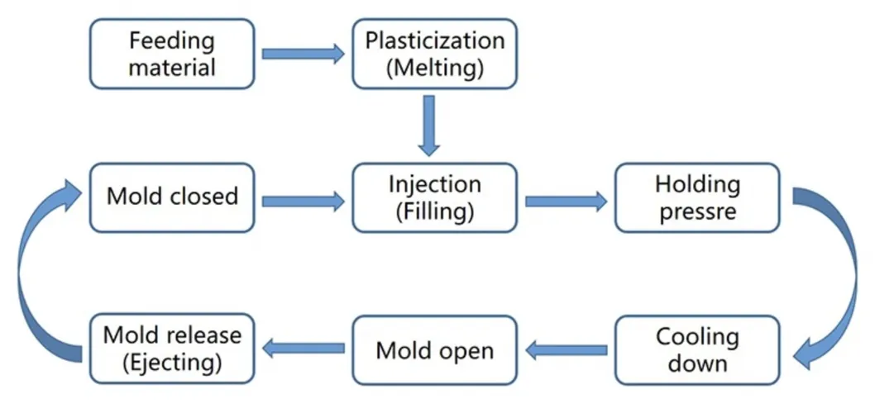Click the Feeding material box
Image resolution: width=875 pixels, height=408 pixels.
[172, 54]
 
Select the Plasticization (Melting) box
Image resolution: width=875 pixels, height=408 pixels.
[434, 54]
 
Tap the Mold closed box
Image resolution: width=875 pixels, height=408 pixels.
[172, 197]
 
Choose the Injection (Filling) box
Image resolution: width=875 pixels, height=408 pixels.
[434, 197]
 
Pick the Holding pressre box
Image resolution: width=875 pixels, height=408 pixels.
[696, 197]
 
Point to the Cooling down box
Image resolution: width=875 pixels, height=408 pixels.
[696, 349]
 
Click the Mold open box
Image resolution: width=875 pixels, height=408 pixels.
[434, 349]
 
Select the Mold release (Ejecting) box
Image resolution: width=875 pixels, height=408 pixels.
[172, 349]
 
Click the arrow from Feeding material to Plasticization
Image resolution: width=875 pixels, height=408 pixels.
[303, 55]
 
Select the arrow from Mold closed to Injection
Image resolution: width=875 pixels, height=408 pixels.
[303, 200]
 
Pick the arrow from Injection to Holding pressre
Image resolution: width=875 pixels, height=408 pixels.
[565, 200]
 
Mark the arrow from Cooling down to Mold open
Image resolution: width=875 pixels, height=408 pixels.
[567, 350]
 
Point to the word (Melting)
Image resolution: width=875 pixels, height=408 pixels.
[434, 68]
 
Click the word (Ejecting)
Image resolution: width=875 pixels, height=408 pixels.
[172, 362]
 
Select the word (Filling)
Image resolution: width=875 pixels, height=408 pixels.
[434, 211]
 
